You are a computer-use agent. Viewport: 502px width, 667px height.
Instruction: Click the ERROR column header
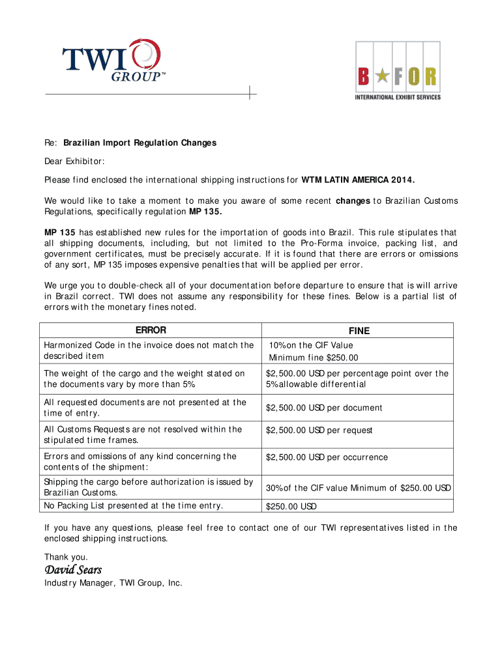pyautogui.click(x=151, y=330)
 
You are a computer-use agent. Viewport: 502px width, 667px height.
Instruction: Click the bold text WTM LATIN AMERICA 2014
pyautogui.click(x=358, y=180)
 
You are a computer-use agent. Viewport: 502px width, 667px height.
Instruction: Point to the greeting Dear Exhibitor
pyautogui.click(x=74, y=161)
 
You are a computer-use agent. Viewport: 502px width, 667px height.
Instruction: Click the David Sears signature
pyautogui.click(x=72, y=570)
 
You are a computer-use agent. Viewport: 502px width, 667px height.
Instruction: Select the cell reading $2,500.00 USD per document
pyautogui.click(x=324, y=408)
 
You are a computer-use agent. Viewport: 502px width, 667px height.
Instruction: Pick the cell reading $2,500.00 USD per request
pyautogui.click(x=319, y=431)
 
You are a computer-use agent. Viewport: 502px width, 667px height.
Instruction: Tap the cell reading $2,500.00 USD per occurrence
pyautogui.click(x=327, y=457)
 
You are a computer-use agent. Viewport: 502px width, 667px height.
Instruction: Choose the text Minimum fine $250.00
pyautogui.click(x=314, y=358)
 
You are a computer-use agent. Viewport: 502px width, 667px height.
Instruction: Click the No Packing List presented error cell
pyautogui.click(x=133, y=505)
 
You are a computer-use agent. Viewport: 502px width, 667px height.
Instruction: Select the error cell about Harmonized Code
pyautogui.click(x=149, y=350)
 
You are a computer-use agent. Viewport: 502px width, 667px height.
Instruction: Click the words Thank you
pyautogui.click(x=66, y=557)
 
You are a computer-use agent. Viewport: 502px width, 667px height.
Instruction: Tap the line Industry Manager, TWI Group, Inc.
pyautogui.click(x=113, y=583)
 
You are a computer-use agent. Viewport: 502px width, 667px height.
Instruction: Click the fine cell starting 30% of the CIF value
pyautogui.click(x=358, y=488)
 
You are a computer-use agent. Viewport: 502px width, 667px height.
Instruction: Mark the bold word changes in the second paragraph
pyautogui.click(x=353, y=201)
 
